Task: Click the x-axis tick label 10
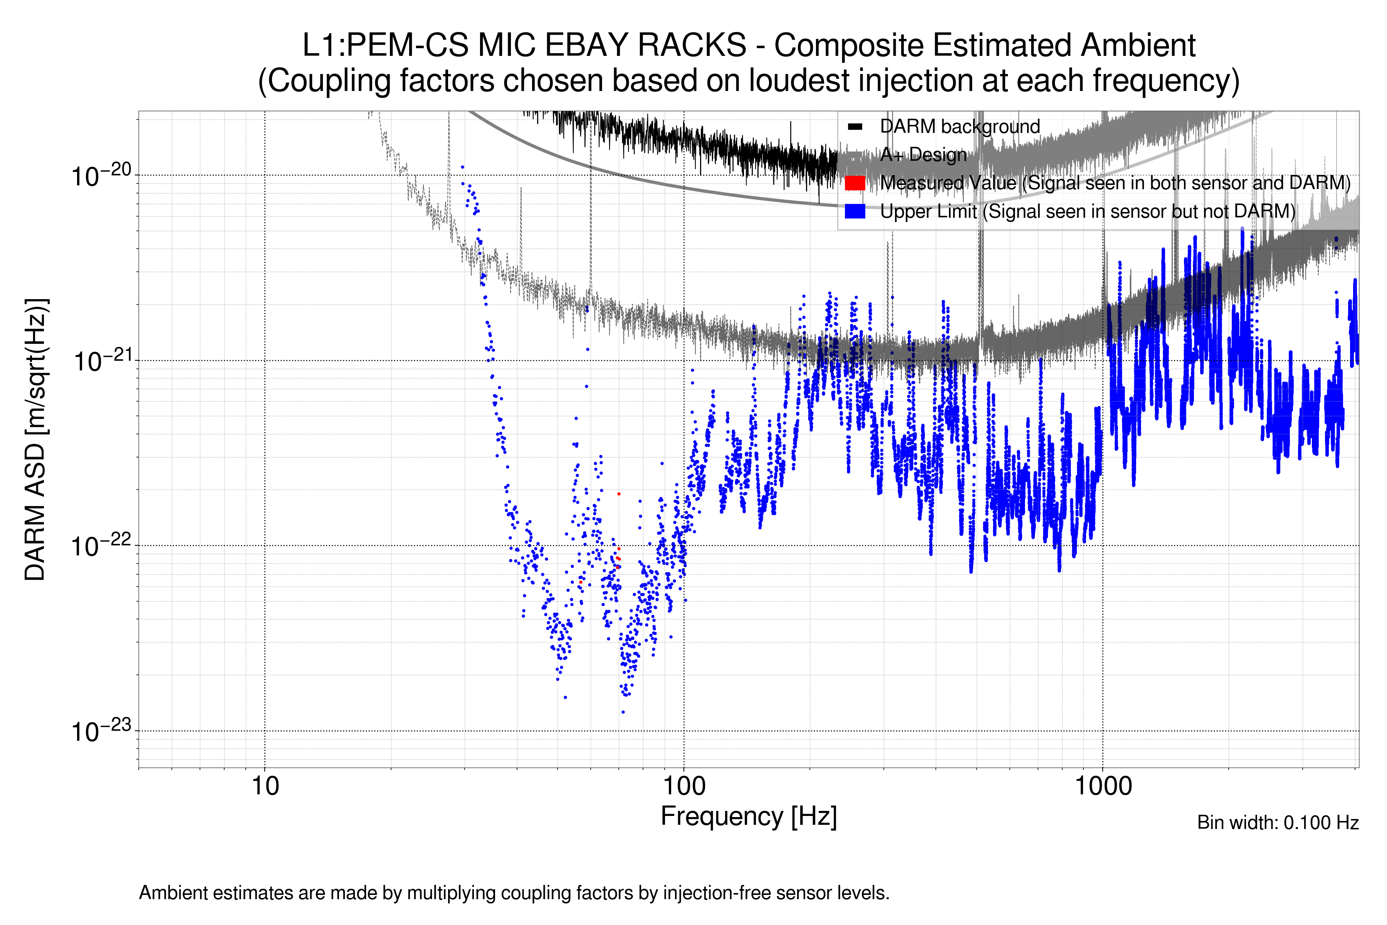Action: pos(265,786)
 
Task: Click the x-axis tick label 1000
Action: pos(1103,786)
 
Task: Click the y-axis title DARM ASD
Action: pos(35,439)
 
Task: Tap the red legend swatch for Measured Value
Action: pos(855,183)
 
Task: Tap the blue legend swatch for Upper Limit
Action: pos(855,211)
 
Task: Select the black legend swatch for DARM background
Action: pos(855,126)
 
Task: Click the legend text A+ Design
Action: pos(923,155)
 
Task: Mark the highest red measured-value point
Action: pos(619,494)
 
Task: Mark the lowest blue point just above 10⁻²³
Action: pos(623,712)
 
